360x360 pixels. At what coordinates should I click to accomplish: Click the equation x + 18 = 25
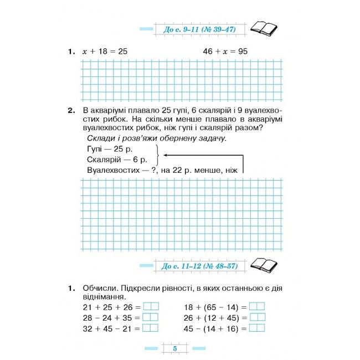click(x=105, y=52)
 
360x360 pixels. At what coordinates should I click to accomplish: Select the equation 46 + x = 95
click(x=225, y=52)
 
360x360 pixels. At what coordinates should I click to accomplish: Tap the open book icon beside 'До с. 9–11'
click(x=264, y=28)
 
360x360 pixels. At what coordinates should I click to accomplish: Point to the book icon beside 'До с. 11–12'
click(x=264, y=265)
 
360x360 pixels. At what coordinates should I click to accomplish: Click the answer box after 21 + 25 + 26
click(x=151, y=307)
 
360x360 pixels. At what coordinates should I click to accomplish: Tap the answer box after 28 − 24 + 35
click(x=151, y=317)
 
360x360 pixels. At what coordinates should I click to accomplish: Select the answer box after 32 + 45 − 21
click(x=151, y=328)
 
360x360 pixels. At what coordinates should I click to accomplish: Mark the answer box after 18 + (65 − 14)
click(x=257, y=307)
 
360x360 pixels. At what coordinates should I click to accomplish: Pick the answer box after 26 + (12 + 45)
click(x=257, y=317)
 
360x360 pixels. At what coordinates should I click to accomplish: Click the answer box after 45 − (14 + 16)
click(x=257, y=328)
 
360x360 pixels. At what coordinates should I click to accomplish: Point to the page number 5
click(x=174, y=348)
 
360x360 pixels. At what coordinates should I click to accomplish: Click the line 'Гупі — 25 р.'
click(x=110, y=150)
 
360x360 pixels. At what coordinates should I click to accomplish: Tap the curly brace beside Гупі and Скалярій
click(x=160, y=155)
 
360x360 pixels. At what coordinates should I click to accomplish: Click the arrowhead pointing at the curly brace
click(x=167, y=155)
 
